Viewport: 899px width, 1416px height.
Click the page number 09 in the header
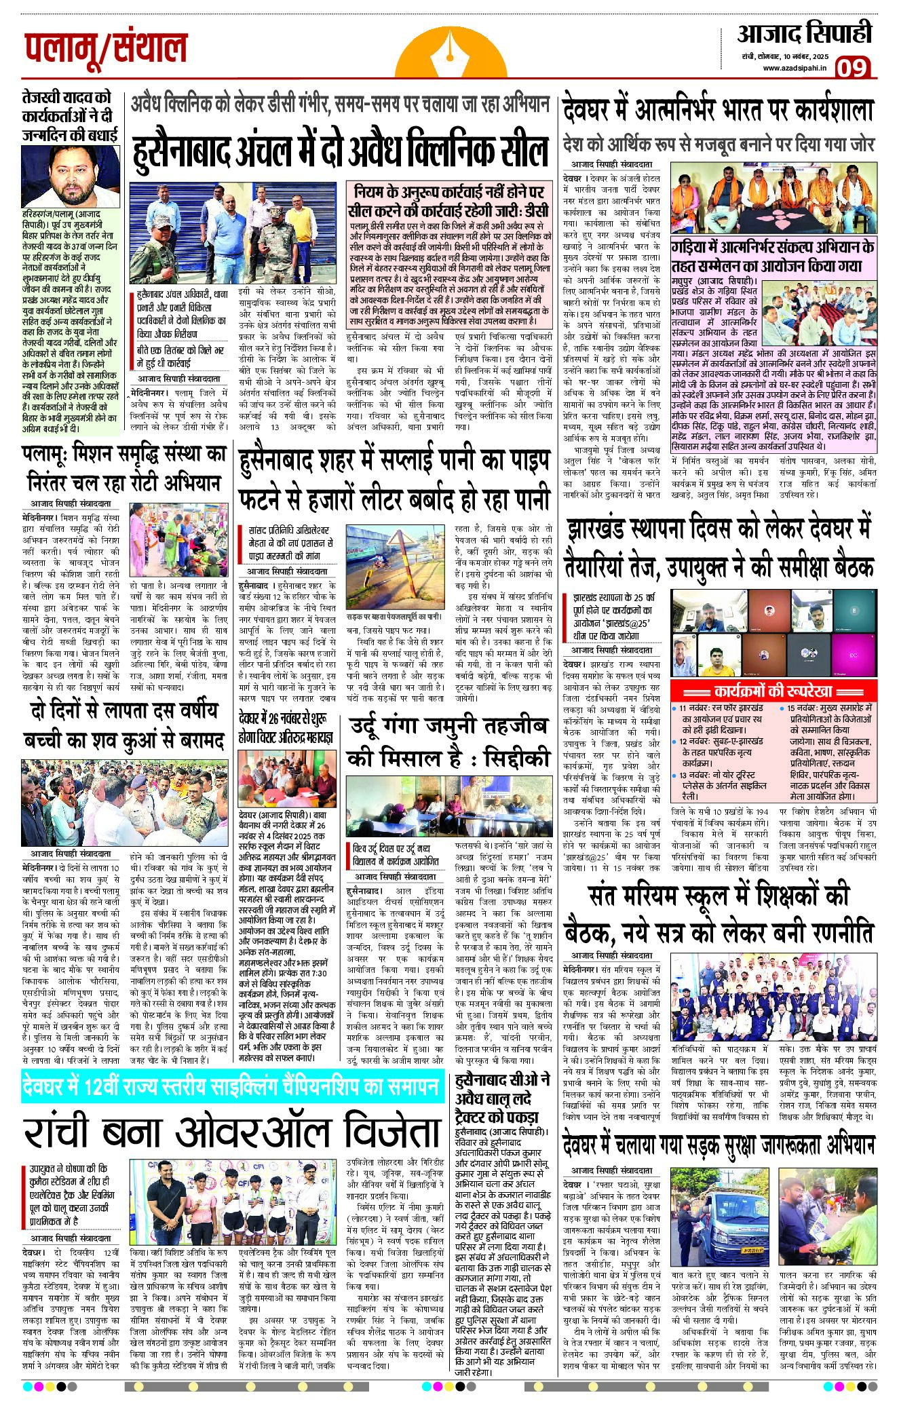[852, 67]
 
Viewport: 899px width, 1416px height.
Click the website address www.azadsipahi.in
[795, 68]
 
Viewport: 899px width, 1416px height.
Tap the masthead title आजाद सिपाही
[805, 34]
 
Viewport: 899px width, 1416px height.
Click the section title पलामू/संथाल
[106, 49]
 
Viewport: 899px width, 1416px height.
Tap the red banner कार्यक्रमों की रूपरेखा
[773, 691]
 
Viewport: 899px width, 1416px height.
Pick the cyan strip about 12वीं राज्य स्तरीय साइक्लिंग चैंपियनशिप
[232, 1087]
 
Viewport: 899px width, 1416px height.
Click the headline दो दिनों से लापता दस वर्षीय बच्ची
[123, 725]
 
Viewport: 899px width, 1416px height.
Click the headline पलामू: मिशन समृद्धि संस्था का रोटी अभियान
[123, 467]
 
